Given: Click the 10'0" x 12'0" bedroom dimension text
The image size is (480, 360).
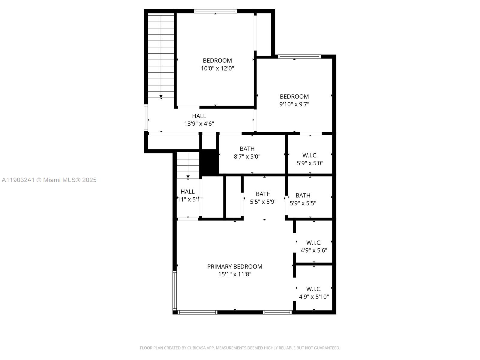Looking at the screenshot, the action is click(x=217, y=68).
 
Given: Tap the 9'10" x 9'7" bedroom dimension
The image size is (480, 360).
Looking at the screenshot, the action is click(x=294, y=104).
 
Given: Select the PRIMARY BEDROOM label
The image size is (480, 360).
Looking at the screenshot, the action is click(x=235, y=266).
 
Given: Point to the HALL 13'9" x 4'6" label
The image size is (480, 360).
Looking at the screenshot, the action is click(x=199, y=120).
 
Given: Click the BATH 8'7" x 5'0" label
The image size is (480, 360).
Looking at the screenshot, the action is click(x=247, y=153).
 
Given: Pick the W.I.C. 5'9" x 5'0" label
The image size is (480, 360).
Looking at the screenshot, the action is click(x=310, y=159).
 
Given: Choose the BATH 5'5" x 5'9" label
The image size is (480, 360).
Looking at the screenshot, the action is click(x=263, y=198).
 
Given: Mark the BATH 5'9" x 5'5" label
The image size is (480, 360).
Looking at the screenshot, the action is click(x=303, y=199).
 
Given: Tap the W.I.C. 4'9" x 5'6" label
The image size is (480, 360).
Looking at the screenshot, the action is click(x=314, y=246).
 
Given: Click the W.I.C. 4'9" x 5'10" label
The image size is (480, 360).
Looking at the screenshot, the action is click(x=314, y=293).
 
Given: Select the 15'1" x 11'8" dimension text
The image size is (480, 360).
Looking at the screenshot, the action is click(x=235, y=274).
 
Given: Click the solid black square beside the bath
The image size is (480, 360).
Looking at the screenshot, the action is click(x=209, y=162).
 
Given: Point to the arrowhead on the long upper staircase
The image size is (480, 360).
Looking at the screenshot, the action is click(x=161, y=97).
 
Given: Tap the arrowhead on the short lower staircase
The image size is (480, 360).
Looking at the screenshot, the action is click(x=188, y=177).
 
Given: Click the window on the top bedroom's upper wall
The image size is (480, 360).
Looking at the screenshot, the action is click(x=215, y=11).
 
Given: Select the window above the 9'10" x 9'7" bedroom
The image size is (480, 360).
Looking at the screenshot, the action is click(x=299, y=57).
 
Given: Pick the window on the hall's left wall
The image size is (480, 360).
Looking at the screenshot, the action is click(x=145, y=118).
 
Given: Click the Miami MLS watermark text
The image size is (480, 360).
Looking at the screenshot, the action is click(x=49, y=180).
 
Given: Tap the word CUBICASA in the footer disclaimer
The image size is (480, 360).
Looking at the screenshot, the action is click(x=196, y=348).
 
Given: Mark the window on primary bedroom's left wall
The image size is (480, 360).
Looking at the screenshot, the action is click(x=175, y=290).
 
